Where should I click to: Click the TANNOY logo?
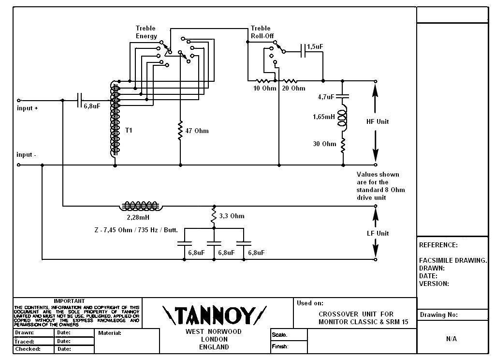pos(215,315)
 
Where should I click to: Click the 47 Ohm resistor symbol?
pos(180,130)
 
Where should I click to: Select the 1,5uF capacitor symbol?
pos(304,51)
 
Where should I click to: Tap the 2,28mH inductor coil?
pos(141,207)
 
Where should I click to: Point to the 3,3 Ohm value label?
pos(232,216)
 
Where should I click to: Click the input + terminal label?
pos(27,108)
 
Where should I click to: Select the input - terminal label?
pos(27,155)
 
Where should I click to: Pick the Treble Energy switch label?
pos(146,32)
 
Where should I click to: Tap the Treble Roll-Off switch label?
pos(261,32)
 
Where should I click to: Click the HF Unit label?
pos(378,121)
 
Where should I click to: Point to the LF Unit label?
pos(378,233)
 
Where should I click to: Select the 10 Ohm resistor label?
pos(265,89)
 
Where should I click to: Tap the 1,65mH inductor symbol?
pos(342,117)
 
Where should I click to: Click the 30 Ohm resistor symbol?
pos(343,144)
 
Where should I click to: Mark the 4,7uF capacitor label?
pos(326,97)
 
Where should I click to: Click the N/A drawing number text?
pos(451,339)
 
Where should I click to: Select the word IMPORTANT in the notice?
pos(69,301)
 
